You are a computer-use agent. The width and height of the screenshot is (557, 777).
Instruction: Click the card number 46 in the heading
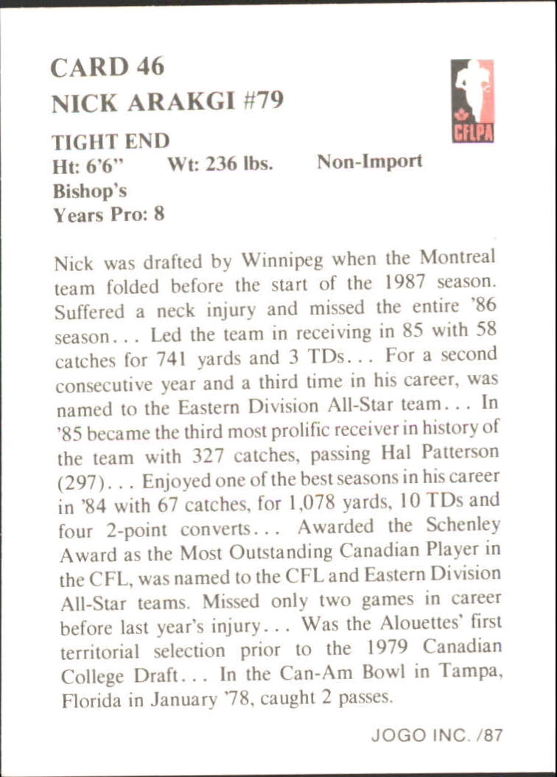click(x=150, y=67)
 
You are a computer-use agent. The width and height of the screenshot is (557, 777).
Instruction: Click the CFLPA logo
click(x=473, y=100)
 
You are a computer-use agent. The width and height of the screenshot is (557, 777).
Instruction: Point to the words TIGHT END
click(x=111, y=141)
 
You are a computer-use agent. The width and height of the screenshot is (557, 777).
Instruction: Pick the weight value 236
click(x=220, y=164)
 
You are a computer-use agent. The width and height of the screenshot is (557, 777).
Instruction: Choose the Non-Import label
click(x=370, y=162)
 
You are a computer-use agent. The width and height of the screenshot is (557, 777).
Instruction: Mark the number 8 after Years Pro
click(x=159, y=214)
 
